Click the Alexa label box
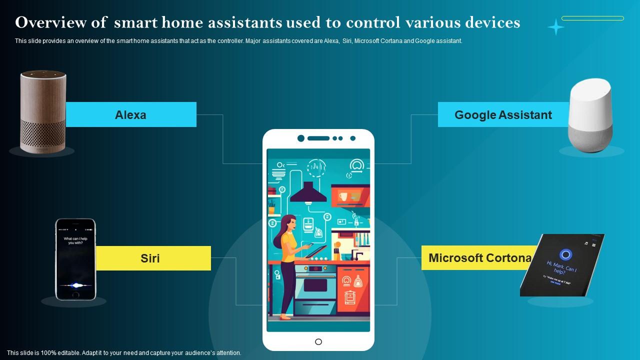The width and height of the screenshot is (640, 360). click(131, 114)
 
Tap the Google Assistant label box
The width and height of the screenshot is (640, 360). click(503, 114)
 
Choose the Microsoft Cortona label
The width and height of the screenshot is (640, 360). click(479, 258)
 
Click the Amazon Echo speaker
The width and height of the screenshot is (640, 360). click(43, 111)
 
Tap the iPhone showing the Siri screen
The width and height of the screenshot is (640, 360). click(75, 259)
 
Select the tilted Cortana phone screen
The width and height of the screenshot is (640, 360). click(562, 264)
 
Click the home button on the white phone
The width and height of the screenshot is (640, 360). click(318, 342)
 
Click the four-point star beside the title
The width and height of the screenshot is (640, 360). click(555, 27)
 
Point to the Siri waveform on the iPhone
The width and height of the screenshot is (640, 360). click(75, 285)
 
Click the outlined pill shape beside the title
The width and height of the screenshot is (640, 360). click(592, 18)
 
